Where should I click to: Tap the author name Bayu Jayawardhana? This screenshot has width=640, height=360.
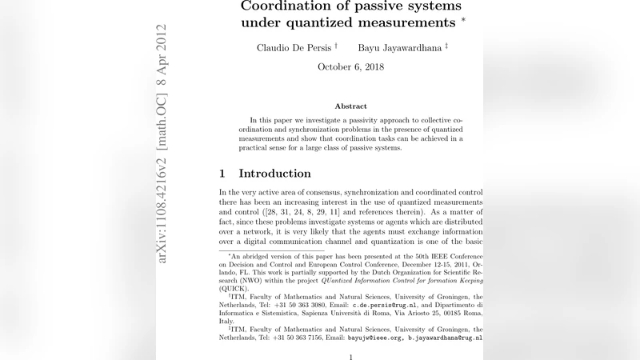(x=400, y=48)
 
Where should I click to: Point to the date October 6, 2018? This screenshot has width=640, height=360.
(x=350, y=67)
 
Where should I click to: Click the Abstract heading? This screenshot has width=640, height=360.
(x=350, y=106)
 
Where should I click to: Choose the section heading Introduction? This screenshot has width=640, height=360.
(x=274, y=174)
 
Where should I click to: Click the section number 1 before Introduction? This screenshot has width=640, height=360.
(x=222, y=174)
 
